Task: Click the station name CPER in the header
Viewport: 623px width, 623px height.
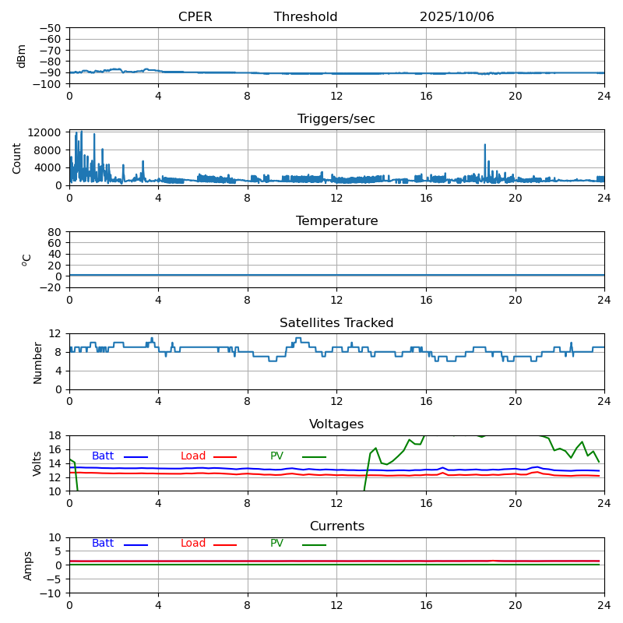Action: point(195,17)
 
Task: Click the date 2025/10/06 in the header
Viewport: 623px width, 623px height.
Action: point(456,17)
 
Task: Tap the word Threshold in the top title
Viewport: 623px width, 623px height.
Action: point(305,17)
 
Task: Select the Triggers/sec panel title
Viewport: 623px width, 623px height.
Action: point(336,119)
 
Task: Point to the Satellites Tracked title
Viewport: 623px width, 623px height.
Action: point(336,323)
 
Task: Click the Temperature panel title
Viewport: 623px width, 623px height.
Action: point(336,221)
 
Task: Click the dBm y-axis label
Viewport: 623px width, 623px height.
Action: point(22,55)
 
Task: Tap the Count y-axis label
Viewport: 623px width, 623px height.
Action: point(17,157)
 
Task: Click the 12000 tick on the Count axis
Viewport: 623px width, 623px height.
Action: point(46,132)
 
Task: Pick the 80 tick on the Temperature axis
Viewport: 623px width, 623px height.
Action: point(55,232)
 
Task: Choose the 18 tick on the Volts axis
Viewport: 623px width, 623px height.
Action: point(55,435)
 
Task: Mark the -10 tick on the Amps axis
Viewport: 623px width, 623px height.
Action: point(49,593)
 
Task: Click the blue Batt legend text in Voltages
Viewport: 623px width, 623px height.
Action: point(103,456)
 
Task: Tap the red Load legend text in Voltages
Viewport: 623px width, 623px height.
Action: point(193,456)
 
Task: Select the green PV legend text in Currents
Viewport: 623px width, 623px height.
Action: point(276,544)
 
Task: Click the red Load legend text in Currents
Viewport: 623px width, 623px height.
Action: point(193,544)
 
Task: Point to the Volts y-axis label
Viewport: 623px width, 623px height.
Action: point(37,463)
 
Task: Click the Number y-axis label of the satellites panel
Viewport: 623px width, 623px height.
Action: point(37,362)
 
